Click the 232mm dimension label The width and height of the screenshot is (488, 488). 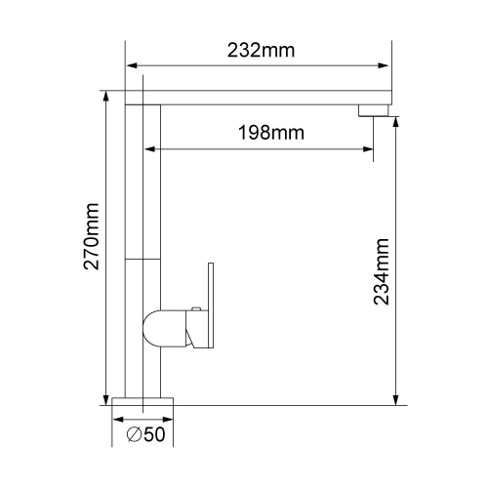(261, 51)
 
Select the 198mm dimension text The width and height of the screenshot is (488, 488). (271, 133)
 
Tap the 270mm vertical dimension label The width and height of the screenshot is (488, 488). (91, 236)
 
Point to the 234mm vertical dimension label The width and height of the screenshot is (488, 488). (382, 271)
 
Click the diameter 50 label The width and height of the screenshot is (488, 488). (145, 434)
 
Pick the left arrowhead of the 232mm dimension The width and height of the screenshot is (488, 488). (132, 65)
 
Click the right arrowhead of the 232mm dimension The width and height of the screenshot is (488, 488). (384, 65)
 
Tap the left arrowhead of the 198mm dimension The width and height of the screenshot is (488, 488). (149, 149)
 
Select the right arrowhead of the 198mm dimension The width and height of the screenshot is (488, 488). (368, 149)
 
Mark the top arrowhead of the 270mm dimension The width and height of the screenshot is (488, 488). (106, 97)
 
